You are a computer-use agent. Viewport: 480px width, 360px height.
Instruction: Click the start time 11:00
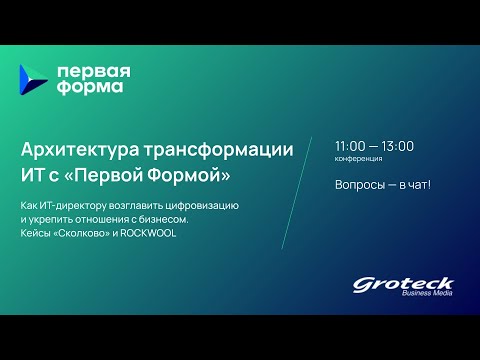click(352, 146)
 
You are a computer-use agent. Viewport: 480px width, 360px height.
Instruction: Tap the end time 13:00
click(398, 146)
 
